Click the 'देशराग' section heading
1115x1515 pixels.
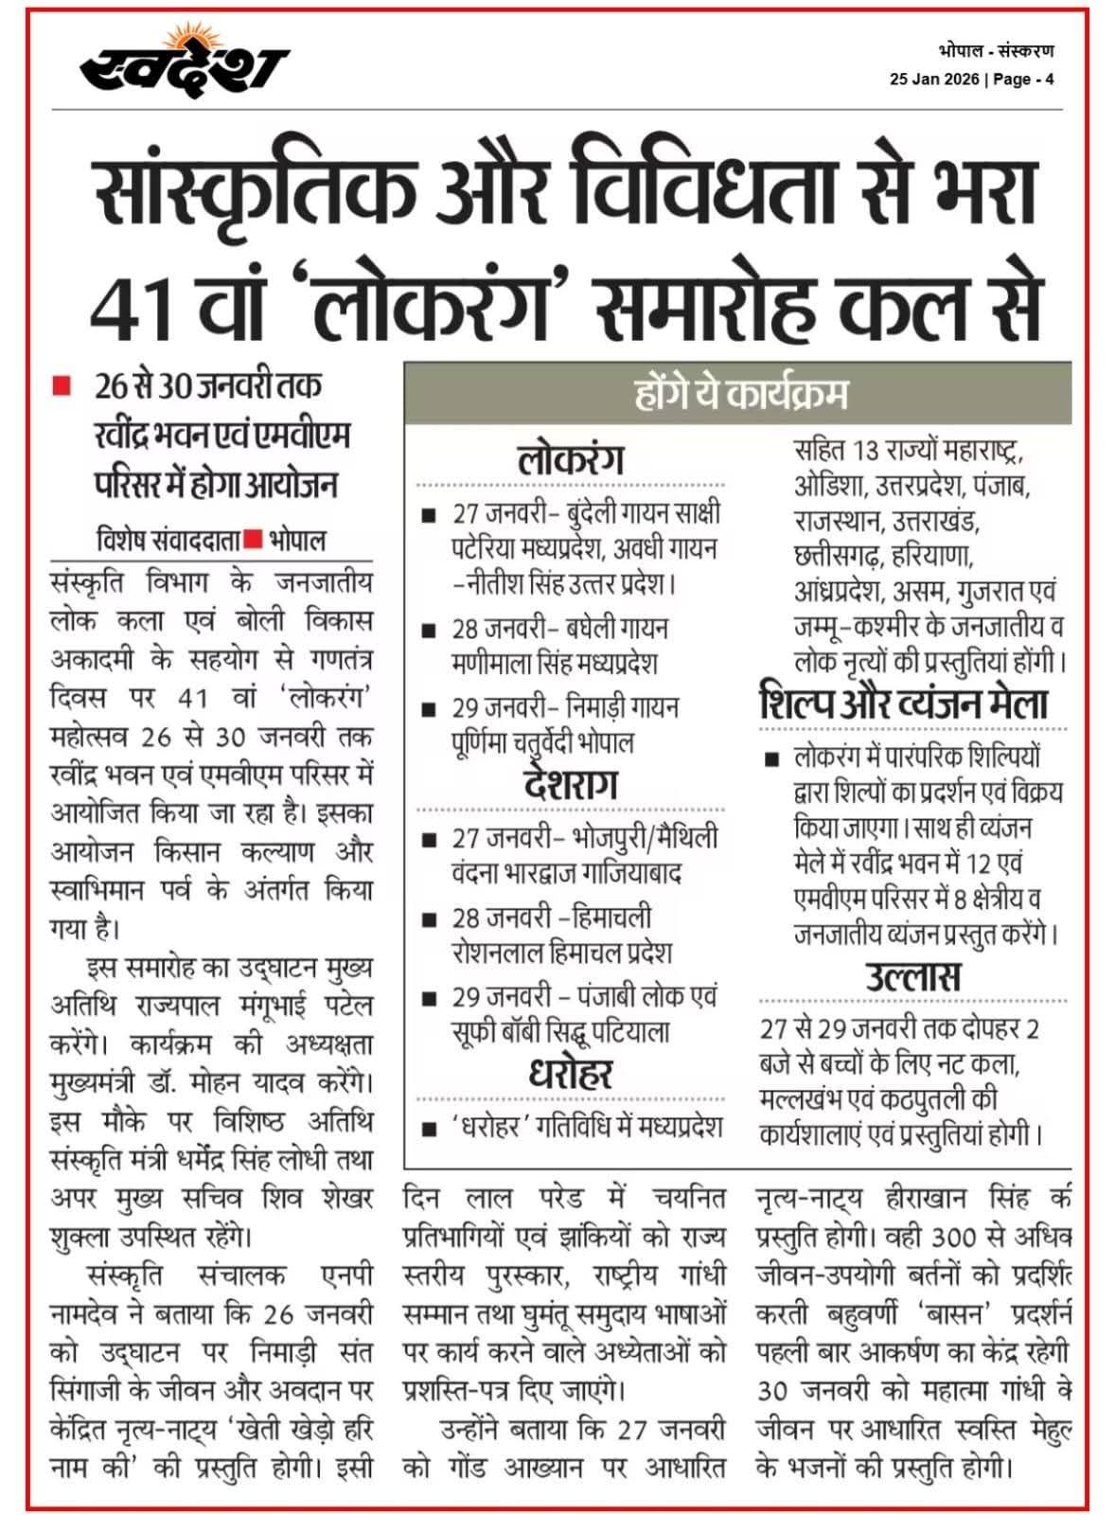571,785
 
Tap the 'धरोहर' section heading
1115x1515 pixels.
571,1074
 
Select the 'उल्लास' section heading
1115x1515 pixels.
912,976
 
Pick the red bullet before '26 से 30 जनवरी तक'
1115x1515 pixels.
62,386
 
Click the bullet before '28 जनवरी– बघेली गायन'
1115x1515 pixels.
429,630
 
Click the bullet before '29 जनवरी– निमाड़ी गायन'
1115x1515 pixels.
429,708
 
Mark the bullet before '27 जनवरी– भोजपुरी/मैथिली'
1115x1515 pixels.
429,839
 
